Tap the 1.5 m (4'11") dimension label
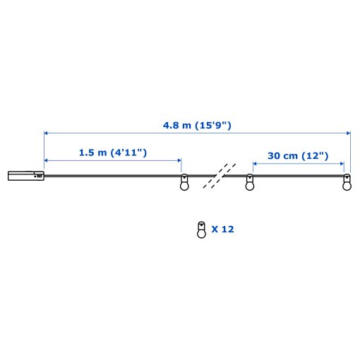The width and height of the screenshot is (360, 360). tap(113, 152)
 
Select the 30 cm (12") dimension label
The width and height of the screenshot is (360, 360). tap(298, 155)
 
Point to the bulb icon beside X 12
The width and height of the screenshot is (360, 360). tap(200, 229)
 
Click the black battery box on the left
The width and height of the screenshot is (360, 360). tap(25, 176)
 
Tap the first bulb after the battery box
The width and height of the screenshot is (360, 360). tap(184, 184)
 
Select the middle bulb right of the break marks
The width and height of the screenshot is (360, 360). tap(248, 184)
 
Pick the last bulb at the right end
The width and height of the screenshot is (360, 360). tap(346, 184)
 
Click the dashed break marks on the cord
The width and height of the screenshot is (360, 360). tap(219, 176)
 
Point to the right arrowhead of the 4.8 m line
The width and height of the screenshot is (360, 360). tap(348, 133)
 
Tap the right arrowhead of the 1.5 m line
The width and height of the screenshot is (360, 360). tap(179, 159)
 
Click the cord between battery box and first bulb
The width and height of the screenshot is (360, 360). tap(113, 176)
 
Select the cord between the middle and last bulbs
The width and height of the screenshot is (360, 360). tap(296, 176)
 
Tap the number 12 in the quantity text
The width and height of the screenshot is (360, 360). tap(227, 229)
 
